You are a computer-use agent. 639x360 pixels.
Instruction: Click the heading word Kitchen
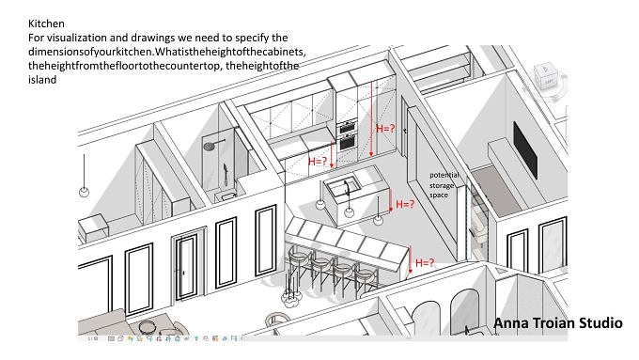(x=46, y=23)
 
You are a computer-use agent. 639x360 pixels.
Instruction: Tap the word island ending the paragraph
(x=42, y=80)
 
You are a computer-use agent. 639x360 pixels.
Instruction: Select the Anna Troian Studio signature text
(x=558, y=323)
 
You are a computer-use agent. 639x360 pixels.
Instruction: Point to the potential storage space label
(x=444, y=184)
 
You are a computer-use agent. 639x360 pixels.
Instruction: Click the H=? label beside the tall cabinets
(x=385, y=129)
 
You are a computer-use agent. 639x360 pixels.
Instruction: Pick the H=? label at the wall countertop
(x=318, y=162)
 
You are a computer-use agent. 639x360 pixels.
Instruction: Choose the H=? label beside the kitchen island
(x=405, y=204)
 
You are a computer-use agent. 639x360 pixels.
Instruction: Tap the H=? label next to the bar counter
(x=425, y=263)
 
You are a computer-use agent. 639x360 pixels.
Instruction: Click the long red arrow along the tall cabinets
(x=371, y=118)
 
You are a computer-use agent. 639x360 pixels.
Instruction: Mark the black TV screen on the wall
(x=525, y=150)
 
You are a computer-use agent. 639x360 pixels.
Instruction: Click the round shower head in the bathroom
(x=210, y=146)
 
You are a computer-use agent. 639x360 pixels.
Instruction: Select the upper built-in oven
(x=347, y=126)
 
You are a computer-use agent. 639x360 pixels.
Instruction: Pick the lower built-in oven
(x=347, y=143)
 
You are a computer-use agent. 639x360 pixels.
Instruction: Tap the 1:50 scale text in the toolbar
(x=92, y=338)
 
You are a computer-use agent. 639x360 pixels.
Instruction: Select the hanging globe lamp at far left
(x=84, y=192)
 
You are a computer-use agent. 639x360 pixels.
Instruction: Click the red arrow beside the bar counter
(x=411, y=259)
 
